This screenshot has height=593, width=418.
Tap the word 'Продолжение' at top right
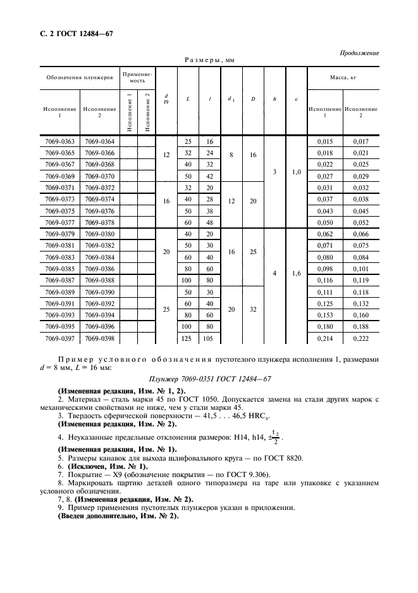(x=359, y=53)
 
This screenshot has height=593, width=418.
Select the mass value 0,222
(x=361, y=339)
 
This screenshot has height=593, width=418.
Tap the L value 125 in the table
(x=188, y=339)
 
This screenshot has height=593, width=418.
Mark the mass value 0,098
(x=325, y=268)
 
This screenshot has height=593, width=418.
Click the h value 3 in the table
(x=274, y=171)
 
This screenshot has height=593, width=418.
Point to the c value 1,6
(x=296, y=274)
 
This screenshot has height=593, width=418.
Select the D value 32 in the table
(x=253, y=309)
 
